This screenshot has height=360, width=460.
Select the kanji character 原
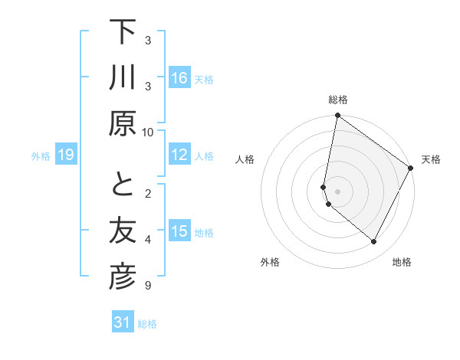click(123, 123)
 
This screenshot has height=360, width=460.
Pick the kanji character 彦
click(123, 277)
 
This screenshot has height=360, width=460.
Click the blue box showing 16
click(179, 78)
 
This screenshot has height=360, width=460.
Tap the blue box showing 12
click(179, 155)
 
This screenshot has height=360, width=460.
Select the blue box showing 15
click(179, 232)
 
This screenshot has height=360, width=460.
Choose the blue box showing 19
click(65, 155)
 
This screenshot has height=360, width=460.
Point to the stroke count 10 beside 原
click(148, 132)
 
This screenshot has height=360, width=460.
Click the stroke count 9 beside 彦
click(148, 286)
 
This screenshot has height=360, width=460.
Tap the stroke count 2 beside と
click(148, 192)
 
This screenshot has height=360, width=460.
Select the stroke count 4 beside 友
click(148, 240)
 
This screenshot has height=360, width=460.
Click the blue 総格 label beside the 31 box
click(147, 324)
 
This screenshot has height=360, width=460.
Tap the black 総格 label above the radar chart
click(337, 100)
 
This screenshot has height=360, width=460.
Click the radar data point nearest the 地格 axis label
click(373, 241)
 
